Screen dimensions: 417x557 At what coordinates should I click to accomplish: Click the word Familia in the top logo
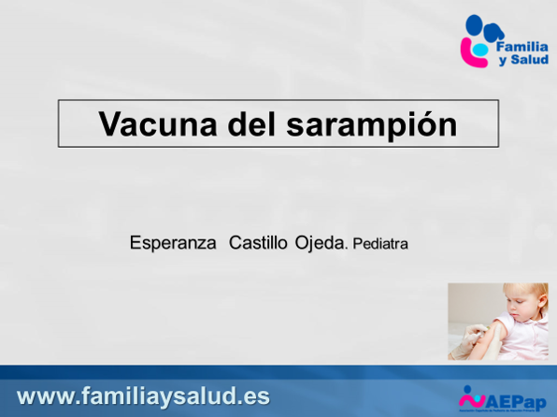[521, 45]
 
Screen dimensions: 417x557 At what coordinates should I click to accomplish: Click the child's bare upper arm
[504, 332]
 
